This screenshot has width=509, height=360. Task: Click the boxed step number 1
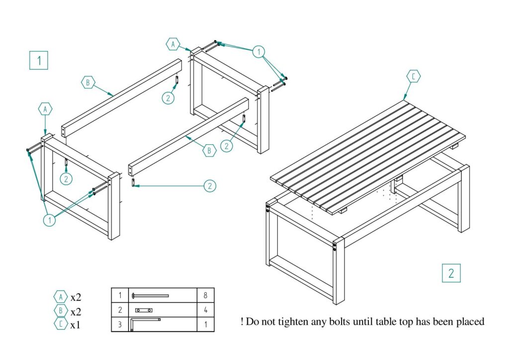[x=39, y=60]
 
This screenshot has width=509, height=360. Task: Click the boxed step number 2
[x=451, y=273]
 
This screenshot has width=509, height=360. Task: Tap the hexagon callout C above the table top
[x=413, y=77]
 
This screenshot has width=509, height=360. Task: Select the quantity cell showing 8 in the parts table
[x=206, y=295]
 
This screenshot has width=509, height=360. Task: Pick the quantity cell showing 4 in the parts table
[x=206, y=310]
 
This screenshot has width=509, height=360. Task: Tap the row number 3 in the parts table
[x=120, y=324]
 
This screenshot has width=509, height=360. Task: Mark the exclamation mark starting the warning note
[x=242, y=322]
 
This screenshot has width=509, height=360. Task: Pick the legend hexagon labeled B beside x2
[x=60, y=311]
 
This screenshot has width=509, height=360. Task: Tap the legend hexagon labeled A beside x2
[x=60, y=297]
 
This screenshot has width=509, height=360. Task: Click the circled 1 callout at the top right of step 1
[x=258, y=51]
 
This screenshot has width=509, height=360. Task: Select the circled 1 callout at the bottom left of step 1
[x=50, y=219]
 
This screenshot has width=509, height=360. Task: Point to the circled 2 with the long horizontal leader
[x=210, y=186]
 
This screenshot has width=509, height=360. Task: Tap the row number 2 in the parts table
[x=120, y=310]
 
